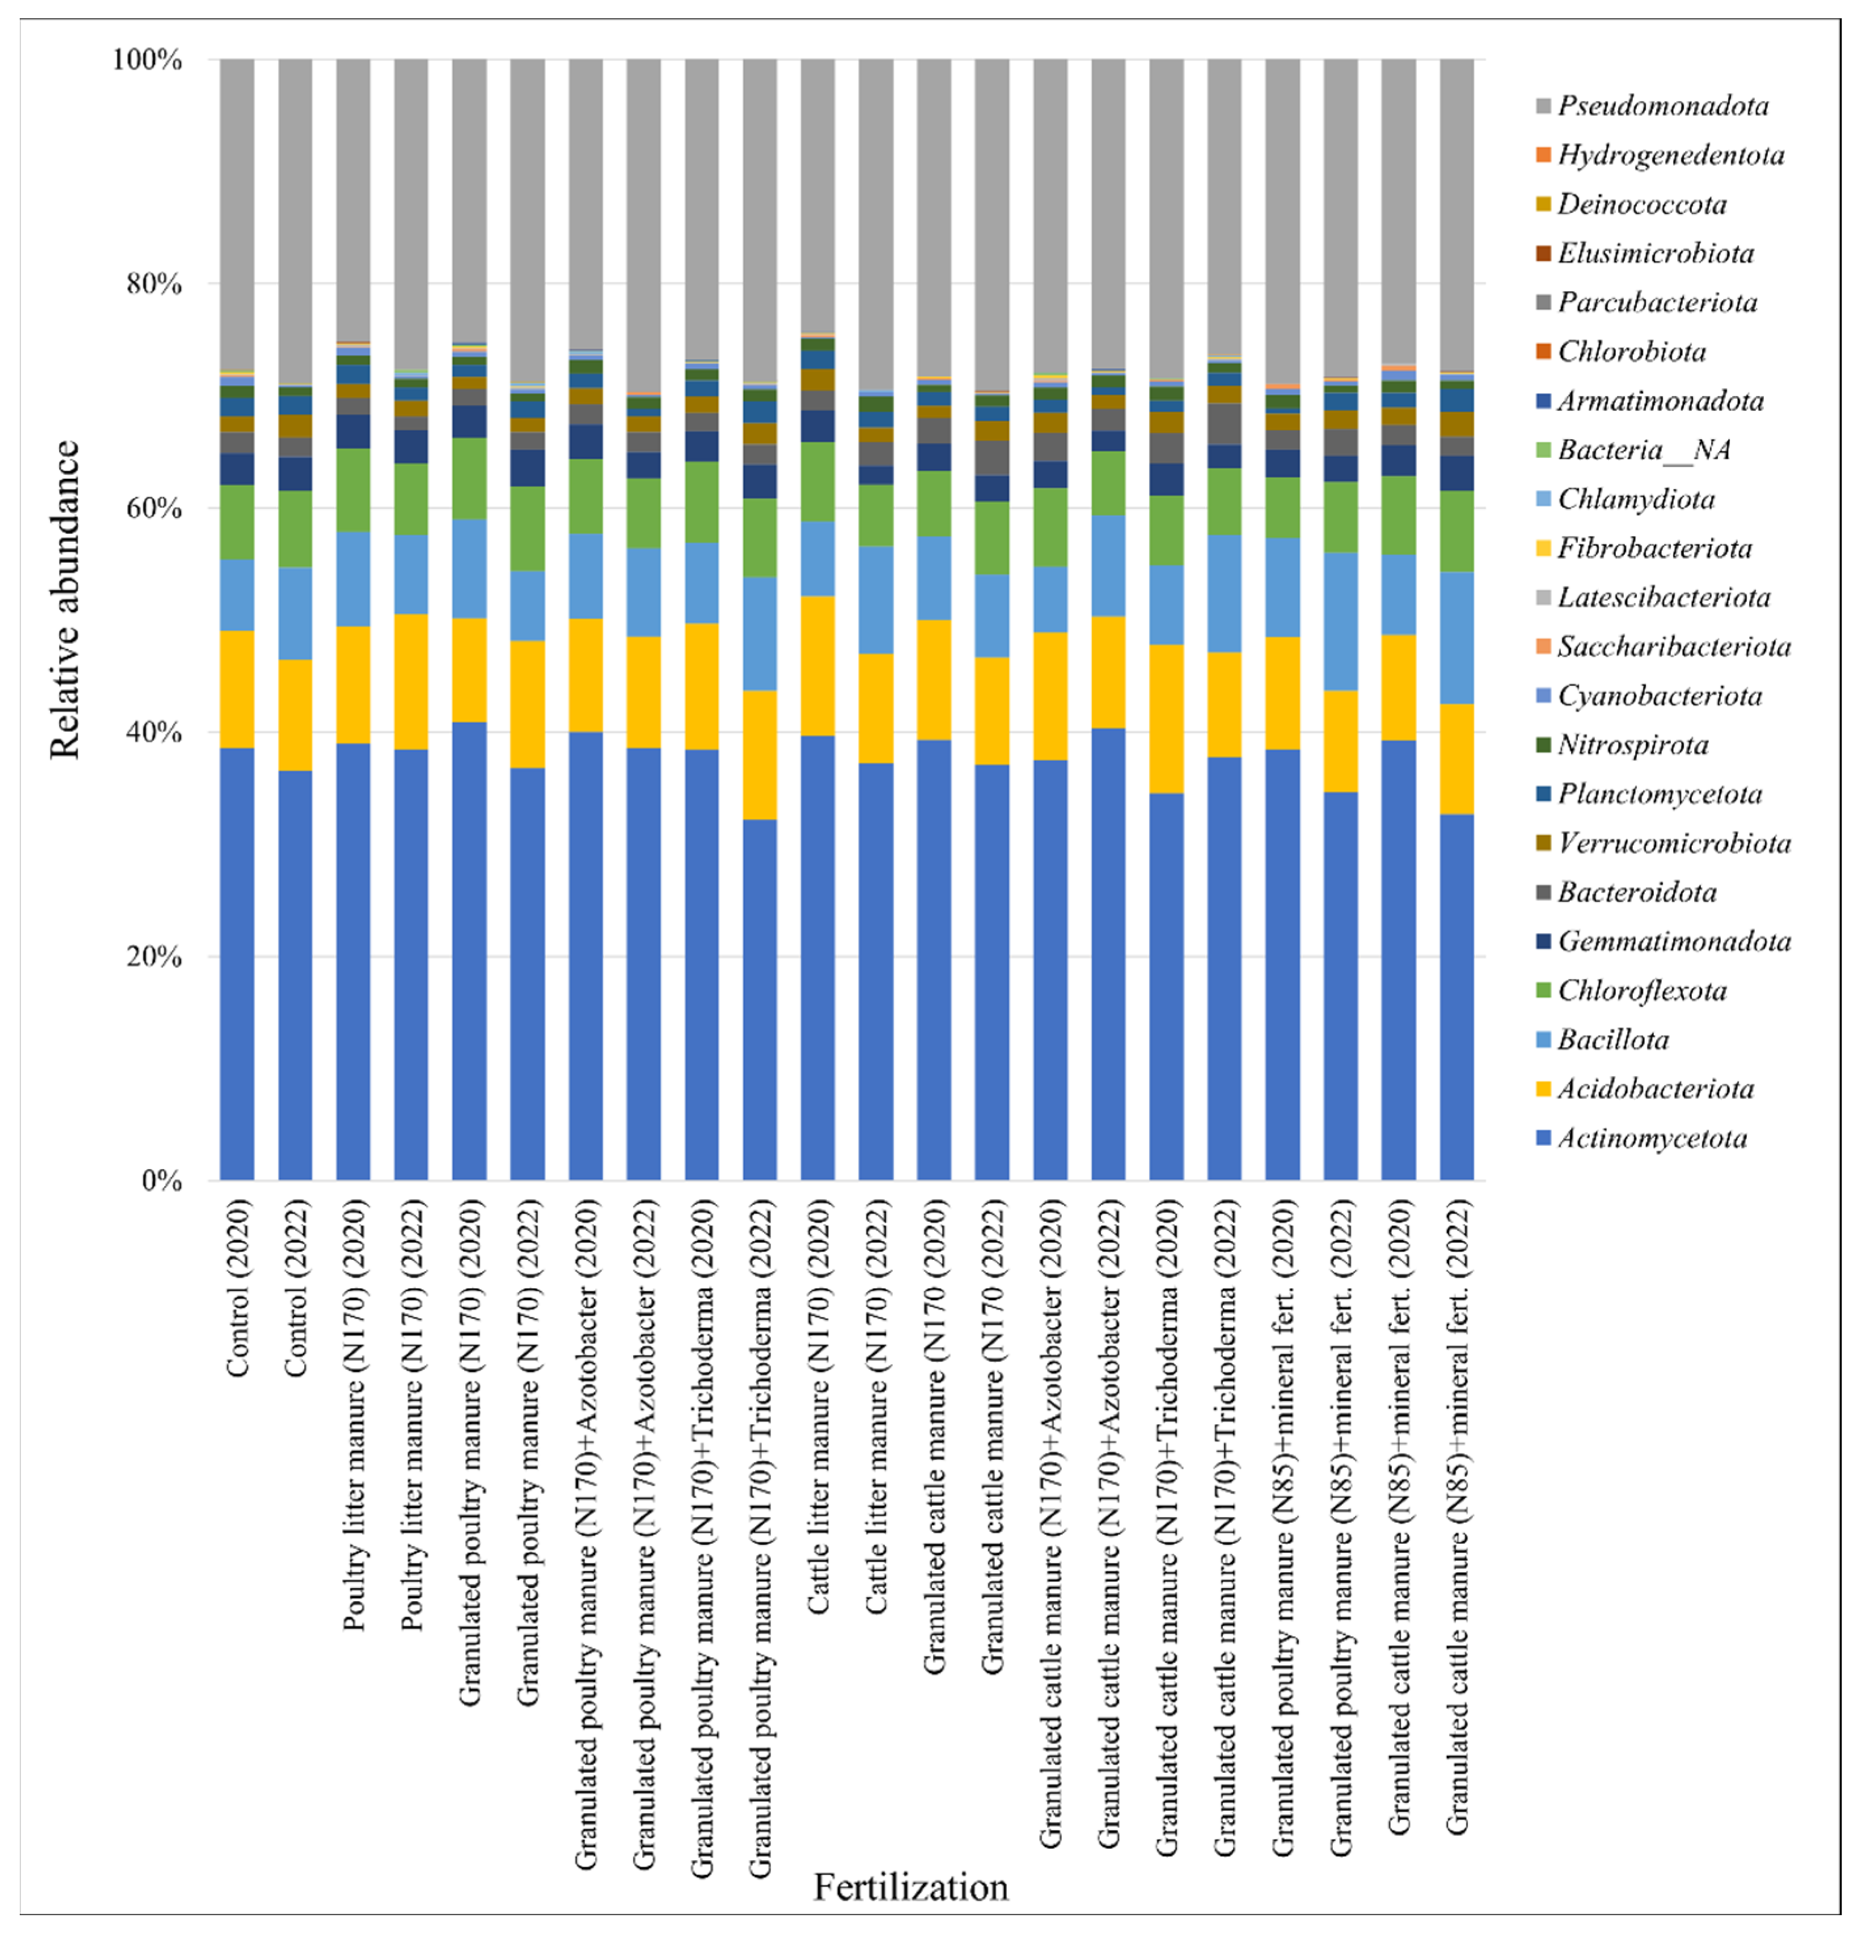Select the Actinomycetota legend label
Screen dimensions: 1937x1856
tap(1651, 1138)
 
